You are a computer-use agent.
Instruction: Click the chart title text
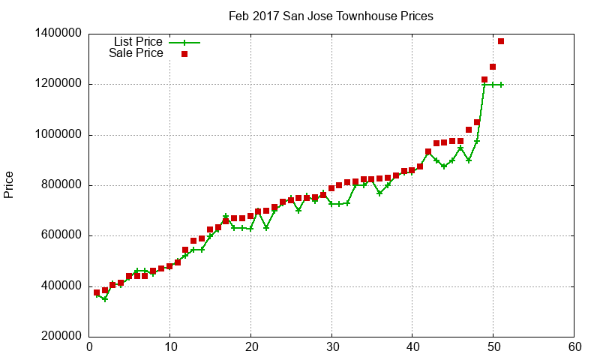pyautogui.click(x=331, y=16)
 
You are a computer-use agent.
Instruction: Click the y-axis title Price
pyautogui.click(x=9, y=184)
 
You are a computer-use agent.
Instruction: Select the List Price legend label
pyautogui.click(x=137, y=42)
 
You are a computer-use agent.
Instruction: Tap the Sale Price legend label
pyautogui.click(x=136, y=53)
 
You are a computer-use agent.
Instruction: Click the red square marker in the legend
pyautogui.click(x=184, y=54)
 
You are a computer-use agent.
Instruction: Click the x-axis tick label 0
pyautogui.click(x=89, y=347)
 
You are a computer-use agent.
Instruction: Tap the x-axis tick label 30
pyautogui.click(x=331, y=347)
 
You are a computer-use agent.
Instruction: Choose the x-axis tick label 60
pyautogui.click(x=574, y=347)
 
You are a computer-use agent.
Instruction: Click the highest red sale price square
pyautogui.click(x=501, y=41)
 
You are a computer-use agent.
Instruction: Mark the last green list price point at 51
pyautogui.click(x=501, y=85)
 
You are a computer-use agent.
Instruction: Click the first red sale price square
pyautogui.click(x=97, y=292)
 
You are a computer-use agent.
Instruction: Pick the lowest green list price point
pyautogui.click(x=105, y=299)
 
